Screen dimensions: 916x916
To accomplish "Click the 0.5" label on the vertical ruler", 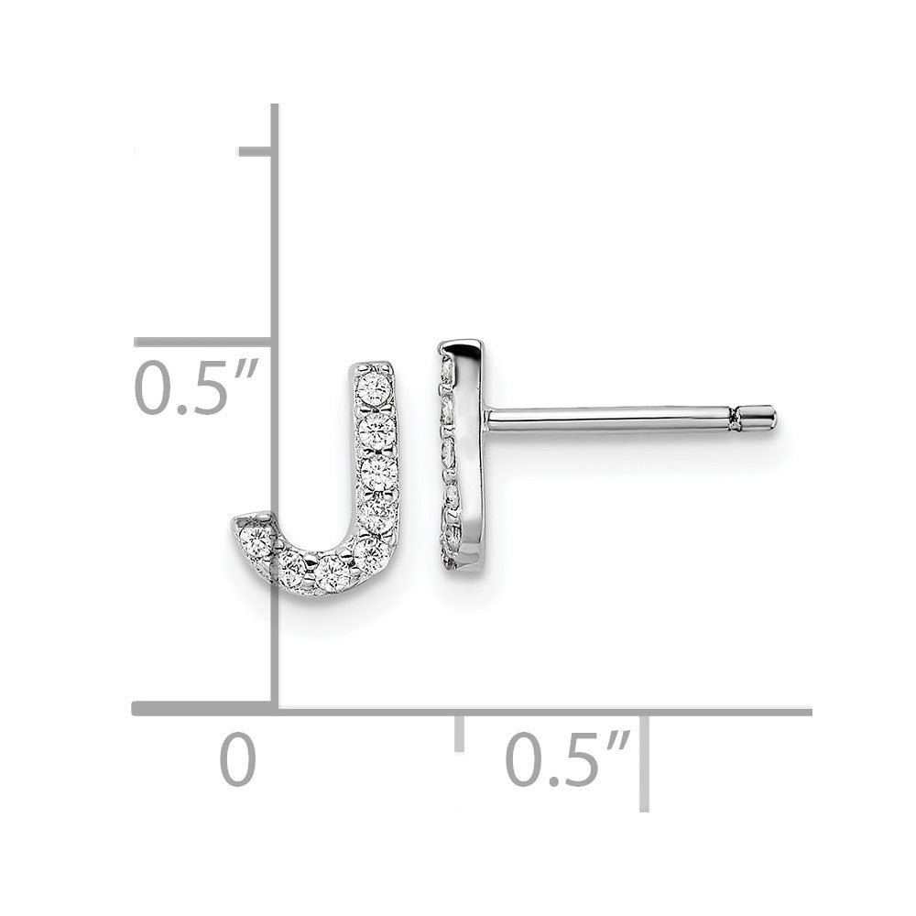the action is pos(196,387).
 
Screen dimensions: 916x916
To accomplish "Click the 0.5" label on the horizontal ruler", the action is pos(567,758).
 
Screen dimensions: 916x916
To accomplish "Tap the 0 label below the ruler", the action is pos(238,758).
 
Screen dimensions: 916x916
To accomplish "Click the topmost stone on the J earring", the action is pos(376,386).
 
